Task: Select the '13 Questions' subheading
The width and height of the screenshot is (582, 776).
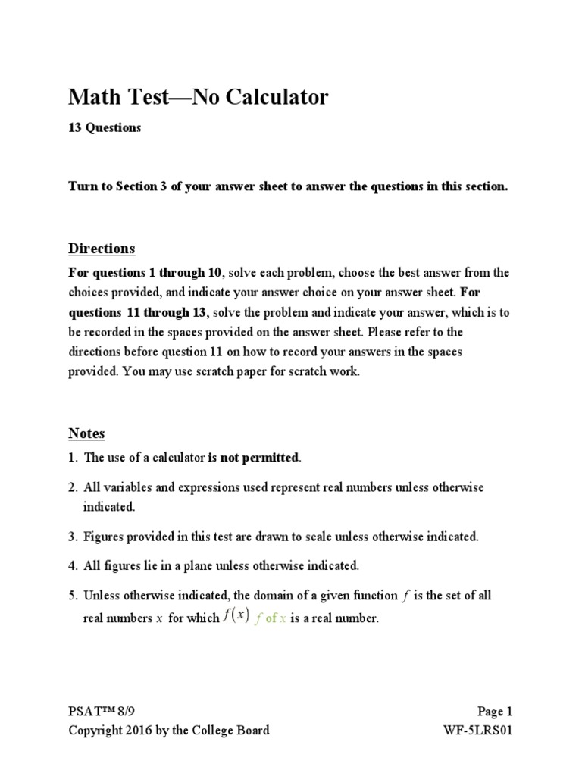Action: click(105, 128)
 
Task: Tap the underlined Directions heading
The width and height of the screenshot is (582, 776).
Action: click(102, 249)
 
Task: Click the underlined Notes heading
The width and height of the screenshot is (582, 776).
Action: click(86, 433)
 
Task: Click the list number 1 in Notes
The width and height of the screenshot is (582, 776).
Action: click(72, 457)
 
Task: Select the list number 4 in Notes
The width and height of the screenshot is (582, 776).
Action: click(72, 565)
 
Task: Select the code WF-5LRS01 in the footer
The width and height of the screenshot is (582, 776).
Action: click(485, 731)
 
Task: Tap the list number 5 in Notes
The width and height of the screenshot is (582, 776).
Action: click(72, 596)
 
